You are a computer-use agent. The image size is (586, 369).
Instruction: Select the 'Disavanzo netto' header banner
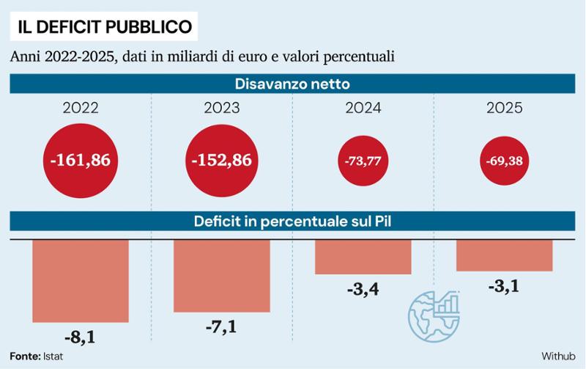tap(292, 83)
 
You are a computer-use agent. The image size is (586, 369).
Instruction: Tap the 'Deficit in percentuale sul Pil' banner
tap(292, 222)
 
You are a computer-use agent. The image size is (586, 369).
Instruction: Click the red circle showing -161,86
tap(81, 159)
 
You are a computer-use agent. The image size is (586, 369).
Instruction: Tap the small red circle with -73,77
tap(363, 161)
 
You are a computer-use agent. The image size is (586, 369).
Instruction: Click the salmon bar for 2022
tap(81, 281)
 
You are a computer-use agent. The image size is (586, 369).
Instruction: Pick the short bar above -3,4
tap(363, 256)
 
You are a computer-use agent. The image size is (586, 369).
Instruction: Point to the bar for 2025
tap(504, 255)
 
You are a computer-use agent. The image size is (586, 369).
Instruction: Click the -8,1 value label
tap(81, 338)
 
